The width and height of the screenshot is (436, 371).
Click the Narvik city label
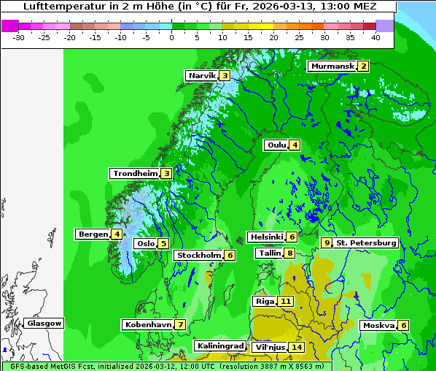(202, 75)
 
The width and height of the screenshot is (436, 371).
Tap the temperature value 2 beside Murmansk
(362, 66)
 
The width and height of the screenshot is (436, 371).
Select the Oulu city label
(276, 145)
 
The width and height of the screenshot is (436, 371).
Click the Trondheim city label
(136, 173)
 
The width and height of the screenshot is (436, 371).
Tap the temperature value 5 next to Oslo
(163, 243)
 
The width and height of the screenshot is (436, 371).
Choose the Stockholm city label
(198, 255)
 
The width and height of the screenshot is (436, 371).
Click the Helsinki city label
(266, 237)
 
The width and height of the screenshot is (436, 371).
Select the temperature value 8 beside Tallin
(290, 253)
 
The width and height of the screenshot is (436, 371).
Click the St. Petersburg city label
(366, 242)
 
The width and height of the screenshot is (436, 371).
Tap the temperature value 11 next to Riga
(286, 301)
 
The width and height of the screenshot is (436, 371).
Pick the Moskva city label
(378, 325)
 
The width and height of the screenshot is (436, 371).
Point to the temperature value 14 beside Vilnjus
(296, 347)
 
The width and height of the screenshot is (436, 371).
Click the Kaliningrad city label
(219, 345)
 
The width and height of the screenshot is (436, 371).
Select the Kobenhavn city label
(148, 324)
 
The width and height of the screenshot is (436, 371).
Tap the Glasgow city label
(44, 323)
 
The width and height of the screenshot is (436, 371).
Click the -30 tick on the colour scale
(19, 37)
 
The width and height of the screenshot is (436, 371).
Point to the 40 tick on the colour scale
(375, 37)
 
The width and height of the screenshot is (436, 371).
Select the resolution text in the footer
(283, 366)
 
